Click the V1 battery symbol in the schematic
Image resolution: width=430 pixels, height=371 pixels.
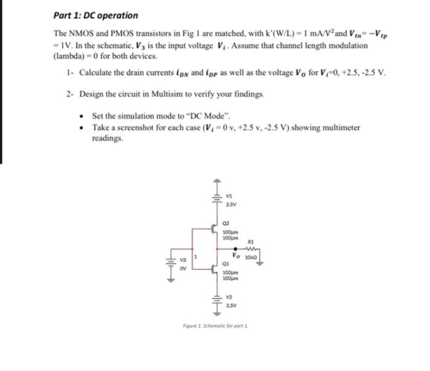pyautogui.click(x=216, y=201)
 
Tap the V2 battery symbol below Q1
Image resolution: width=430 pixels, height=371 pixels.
pyautogui.click(x=216, y=303)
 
